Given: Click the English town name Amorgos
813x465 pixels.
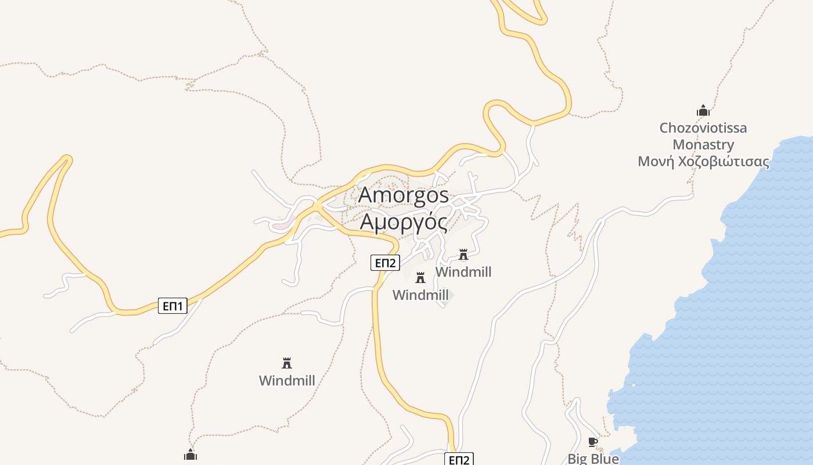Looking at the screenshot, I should pyautogui.click(x=404, y=195).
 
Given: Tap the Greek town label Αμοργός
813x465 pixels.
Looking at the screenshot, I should pyautogui.click(x=404, y=222).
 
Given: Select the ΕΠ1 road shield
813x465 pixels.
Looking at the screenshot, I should pyautogui.click(x=172, y=306).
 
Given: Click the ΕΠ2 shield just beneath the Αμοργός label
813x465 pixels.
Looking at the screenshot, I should pyautogui.click(x=385, y=263).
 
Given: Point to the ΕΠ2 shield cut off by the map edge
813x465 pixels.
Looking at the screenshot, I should pyautogui.click(x=459, y=459).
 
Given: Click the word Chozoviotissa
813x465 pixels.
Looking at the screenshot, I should pyautogui.click(x=703, y=128).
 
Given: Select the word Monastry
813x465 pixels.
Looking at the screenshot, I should pyautogui.click(x=703, y=145).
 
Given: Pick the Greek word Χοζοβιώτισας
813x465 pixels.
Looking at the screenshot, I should pyautogui.click(x=724, y=162).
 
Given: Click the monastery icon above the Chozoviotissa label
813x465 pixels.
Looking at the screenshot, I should pyautogui.click(x=703, y=110).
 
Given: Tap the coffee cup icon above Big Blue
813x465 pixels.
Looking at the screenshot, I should pyautogui.click(x=593, y=442).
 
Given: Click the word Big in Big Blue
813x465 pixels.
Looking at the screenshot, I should pyautogui.click(x=578, y=459).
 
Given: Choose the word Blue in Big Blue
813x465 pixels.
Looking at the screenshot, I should pyautogui.click(x=605, y=459).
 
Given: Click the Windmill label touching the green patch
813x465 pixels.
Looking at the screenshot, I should pyautogui.click(x=420, y=295).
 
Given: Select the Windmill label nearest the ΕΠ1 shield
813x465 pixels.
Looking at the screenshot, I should pyautogui.click(x=287, y=381).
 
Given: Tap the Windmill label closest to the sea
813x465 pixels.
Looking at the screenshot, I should pyautogui.click(x=463, y=272).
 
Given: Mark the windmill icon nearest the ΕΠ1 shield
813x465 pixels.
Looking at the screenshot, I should pyautogui.click(x=286, y=363).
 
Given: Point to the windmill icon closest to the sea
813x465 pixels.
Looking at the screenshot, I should pyautogui.click(x=463, y=255).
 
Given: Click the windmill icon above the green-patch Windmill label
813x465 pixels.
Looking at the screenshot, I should pyautogui.click(x=420, y=278).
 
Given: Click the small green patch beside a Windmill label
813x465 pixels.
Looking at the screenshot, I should pyautogui.click(x=451, y=296).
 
